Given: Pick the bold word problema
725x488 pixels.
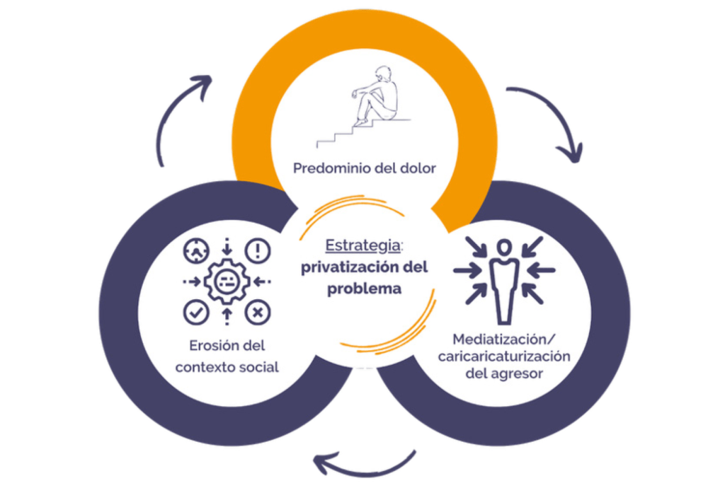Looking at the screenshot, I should (x=364, y=289).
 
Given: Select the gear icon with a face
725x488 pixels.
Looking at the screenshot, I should (x=227, y=281).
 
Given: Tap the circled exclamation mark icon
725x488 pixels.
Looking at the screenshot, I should (x=258, y=250).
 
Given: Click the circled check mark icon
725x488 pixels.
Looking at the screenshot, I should (x=195, y=311).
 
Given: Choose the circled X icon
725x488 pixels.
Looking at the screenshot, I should (x=258, y=311).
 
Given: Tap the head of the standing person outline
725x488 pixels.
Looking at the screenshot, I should (x=503, y=248).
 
